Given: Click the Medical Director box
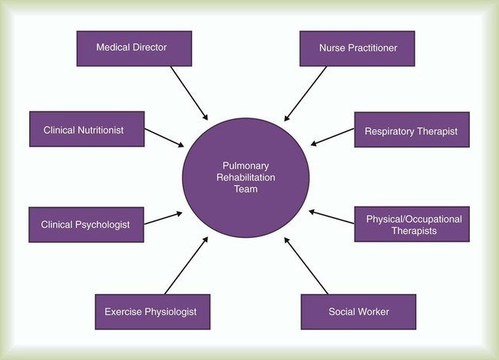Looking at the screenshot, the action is point(134,48).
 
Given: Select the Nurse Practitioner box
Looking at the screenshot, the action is point(357,48).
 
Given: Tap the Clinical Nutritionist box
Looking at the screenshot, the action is point(87,129).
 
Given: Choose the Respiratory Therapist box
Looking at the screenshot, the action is point(411,130).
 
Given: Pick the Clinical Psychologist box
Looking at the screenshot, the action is point(86,225).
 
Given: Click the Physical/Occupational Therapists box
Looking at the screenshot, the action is point(411,224).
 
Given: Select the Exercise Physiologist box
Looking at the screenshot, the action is point(153,312).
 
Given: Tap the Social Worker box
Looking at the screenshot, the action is point(359,312).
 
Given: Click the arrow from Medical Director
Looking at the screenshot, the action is point(189,93).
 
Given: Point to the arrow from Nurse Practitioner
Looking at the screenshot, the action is point(306,94).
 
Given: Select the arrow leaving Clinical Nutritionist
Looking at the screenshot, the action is point(164,137).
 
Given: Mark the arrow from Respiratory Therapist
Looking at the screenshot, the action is point(332,137).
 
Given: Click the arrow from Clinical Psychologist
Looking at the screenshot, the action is point(164,218).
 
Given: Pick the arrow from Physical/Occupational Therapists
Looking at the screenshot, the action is point(332,216).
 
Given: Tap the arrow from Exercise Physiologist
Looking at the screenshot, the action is point(187,266).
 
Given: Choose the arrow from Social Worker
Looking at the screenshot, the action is point(306,266).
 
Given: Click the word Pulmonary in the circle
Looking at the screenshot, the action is point(246,166).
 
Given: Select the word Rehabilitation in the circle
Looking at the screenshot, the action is point(246,177).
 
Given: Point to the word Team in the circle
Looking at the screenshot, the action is point(246,189).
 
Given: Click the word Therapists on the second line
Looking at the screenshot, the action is point(414,231).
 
